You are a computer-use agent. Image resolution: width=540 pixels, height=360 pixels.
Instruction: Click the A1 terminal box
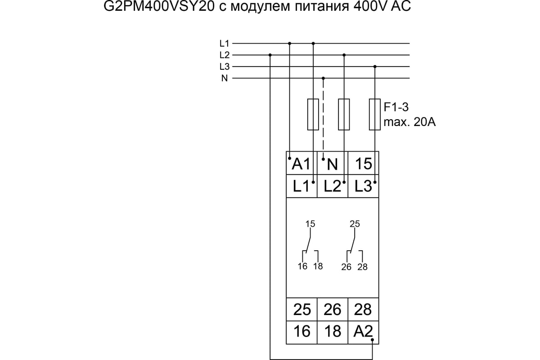pyautogui.click(x=301, y=164)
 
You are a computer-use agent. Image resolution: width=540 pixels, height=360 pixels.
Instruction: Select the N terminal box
pyautogui.click(x=332, y=164)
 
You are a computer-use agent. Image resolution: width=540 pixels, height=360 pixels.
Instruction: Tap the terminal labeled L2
pyautogui.click(x=332, y=186)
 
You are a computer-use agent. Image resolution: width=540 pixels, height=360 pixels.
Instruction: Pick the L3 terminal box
pyautogui.click(x=363, y=186)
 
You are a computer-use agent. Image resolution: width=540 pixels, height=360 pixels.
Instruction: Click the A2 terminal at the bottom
pyautogui.click(x=363, y=332)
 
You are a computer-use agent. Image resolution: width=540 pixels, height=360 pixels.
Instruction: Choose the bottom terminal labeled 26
pyautogui.click(x=332, y=310)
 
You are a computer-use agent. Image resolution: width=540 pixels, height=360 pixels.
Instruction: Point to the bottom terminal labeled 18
pyautogui.click(x=332, y=332)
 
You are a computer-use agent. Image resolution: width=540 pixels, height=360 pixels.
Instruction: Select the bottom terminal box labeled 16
pyautogui.click(x=301, y=332)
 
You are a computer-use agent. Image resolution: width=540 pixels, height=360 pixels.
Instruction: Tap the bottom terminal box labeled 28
pyautogui.click(x=363, y=310)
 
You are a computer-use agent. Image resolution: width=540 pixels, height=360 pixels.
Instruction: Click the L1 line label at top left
pyautogui.click(x=225, y=44)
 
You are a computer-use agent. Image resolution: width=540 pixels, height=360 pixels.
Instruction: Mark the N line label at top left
pyautogui.click(x=225, y=78)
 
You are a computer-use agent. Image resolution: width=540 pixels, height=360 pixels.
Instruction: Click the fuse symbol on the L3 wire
pyautogui.click(x=375, y=114)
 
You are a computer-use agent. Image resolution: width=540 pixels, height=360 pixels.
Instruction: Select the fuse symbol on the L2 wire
pyautogui.click(x=344, y=114)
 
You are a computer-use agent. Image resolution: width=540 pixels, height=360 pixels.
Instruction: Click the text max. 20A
pyautogui.click(x=409, y=122)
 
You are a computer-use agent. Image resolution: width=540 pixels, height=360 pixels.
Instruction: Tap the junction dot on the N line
pyautogui.click(x=324, y=78)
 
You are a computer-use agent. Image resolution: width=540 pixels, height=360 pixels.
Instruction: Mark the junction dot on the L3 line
pyautogui.click(x=375, y=67)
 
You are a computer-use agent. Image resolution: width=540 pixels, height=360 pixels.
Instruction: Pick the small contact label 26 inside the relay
pyautogui.click(x=346, y=267)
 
